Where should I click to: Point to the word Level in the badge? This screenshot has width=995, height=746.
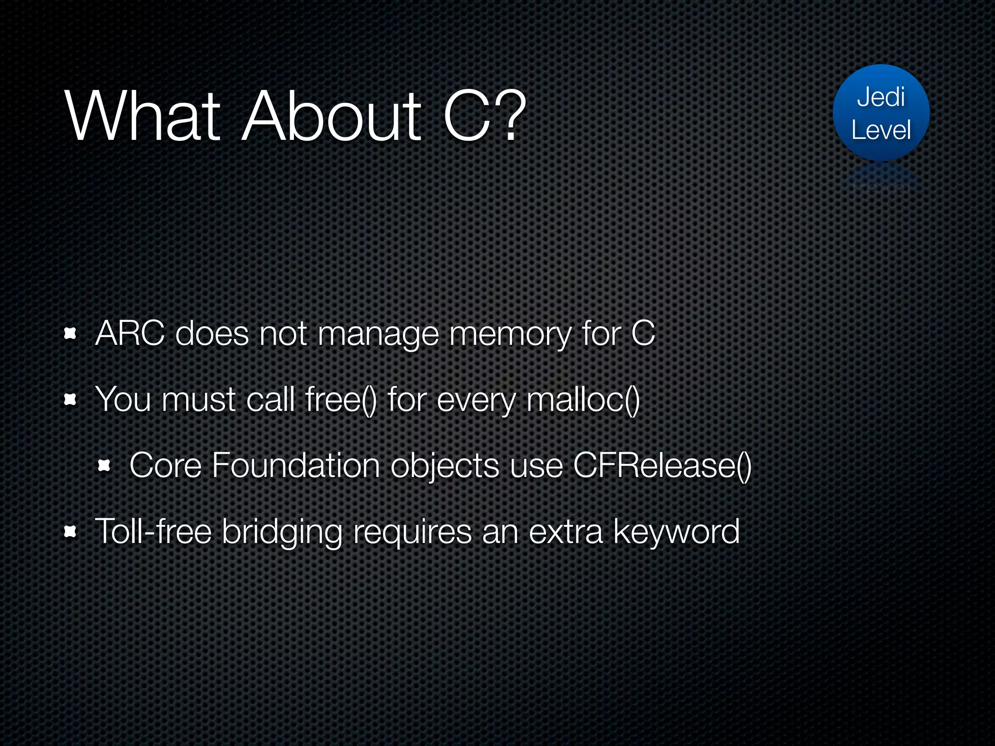click(881, 130)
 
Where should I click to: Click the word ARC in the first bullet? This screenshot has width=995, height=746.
click(130, 334)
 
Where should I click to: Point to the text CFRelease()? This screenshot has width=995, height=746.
click(662, 466)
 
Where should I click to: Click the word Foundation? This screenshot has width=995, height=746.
click(296, 466)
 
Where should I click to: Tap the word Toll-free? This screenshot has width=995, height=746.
click(153, 531)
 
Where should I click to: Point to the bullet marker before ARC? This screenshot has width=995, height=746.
click(70, 334)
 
